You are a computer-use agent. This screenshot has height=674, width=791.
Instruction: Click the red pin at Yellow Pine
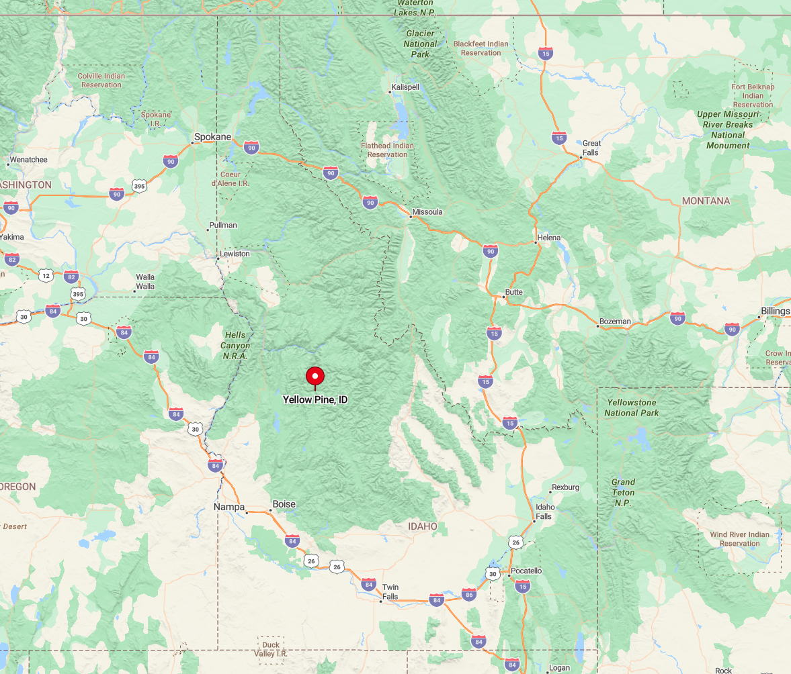tap(315, 377)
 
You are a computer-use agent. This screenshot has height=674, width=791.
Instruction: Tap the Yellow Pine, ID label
tap(315, 399)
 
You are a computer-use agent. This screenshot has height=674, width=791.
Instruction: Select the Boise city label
tap(284, 504)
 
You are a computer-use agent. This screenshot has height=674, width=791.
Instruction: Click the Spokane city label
tap(212, 137)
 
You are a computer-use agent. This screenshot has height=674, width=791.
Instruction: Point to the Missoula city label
tap(428, 212)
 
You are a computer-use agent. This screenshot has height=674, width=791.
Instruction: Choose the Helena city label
tap(549, 238)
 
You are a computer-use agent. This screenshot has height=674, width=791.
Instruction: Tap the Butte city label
tap(514, 293)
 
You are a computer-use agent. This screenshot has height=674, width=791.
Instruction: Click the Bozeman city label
tap(616, 322)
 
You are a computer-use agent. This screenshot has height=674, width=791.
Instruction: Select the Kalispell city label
tap(405, 87)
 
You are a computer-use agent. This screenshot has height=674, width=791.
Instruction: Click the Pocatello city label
tap(526, 571)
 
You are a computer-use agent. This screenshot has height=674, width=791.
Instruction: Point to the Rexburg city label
tap(565, 487)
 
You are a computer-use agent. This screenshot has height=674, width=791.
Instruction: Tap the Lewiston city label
tap(235, 254)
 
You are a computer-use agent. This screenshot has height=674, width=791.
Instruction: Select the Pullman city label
tap(223, 225)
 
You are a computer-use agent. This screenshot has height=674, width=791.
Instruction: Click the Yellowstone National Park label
tap(632, 407)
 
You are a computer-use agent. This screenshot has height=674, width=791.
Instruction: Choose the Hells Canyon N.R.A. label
tap(237, 346)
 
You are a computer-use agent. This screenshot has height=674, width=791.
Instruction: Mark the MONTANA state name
tap(706, 201)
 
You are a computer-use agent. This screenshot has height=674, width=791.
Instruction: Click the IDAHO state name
tap(423, 526)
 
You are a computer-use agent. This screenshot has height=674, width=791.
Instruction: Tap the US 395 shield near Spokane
tap(139, 185)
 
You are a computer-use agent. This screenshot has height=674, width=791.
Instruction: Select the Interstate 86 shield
tap(469, 595)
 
